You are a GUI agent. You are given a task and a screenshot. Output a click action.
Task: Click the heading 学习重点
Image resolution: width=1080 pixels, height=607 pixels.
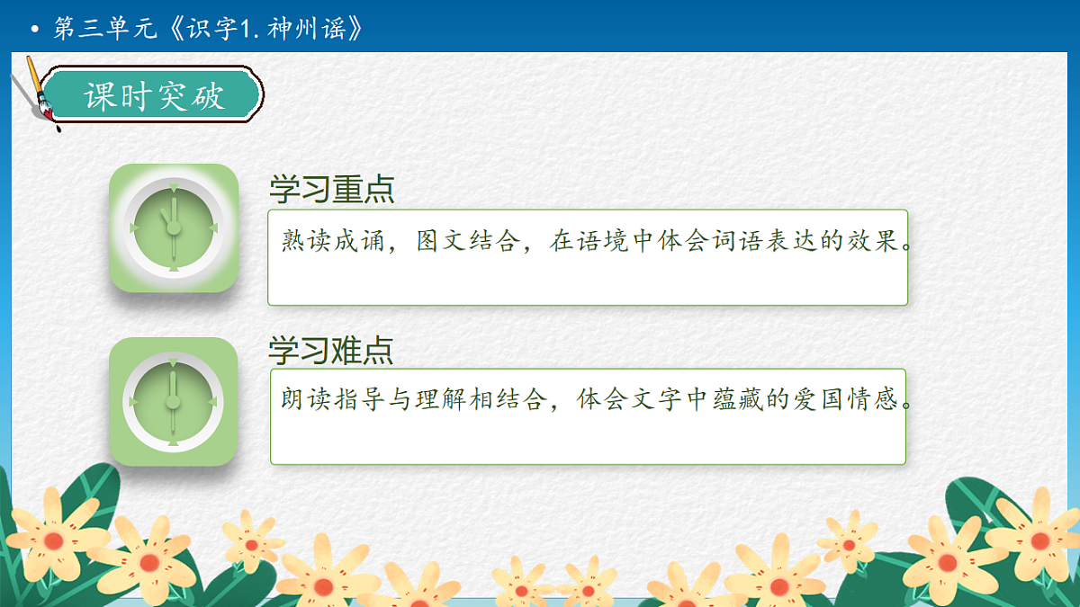click(331, 190)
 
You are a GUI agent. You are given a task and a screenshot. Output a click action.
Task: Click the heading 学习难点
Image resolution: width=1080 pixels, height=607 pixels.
click(331, 351)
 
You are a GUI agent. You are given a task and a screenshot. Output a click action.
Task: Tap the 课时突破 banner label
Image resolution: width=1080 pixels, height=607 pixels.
click(154, 95)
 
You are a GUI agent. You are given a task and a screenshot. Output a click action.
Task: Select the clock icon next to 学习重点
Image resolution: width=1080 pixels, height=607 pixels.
click(173, 228)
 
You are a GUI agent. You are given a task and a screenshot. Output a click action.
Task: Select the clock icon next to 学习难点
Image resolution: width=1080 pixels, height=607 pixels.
click(173, 401)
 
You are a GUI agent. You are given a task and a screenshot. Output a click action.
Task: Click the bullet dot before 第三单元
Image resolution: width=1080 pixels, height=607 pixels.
click(35, 30)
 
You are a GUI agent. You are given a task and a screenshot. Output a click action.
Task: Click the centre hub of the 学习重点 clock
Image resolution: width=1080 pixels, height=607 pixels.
click(173, 228)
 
